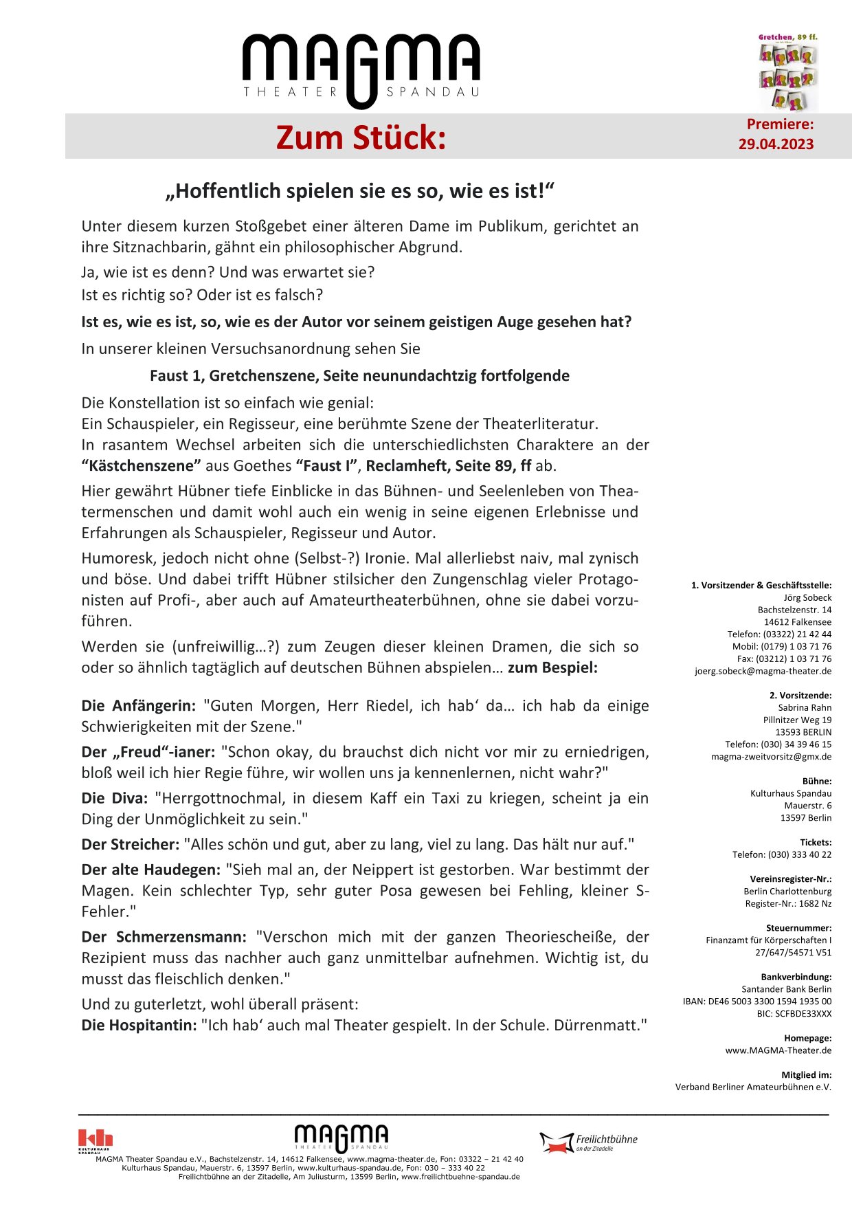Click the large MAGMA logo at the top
pos(361,69)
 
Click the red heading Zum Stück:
pos(361,137)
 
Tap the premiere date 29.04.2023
pos(776,144)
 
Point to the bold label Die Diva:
pos(115,799)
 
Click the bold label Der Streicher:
pos(131,845)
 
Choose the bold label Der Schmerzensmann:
pos(164,937)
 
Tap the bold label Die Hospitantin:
pos(139,1026)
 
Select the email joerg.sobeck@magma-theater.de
pos(763,672)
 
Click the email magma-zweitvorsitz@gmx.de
pos(771,757)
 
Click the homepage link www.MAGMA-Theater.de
pos(778,1050)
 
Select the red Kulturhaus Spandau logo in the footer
pos(95,1140)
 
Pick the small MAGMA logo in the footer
pos(341,1138)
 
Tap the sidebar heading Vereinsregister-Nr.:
pos(790,879)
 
